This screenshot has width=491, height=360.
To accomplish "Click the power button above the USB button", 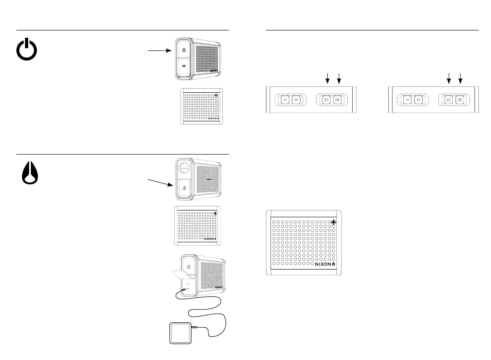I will point(183,50).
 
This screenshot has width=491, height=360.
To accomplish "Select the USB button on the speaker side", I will point(183,66).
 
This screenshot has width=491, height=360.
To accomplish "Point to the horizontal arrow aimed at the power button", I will point(159,50).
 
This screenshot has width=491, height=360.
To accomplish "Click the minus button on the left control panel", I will point(285,99).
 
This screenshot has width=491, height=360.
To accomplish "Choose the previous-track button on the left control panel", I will point(326,99).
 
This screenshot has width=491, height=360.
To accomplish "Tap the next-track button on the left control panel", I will point(337,99).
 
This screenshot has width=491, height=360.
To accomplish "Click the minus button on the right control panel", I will point(407,99).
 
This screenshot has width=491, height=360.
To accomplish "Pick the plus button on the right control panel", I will point(418,99).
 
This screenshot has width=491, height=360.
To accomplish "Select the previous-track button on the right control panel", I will point(449,99).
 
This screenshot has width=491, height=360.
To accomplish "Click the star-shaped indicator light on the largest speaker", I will point(334,222).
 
